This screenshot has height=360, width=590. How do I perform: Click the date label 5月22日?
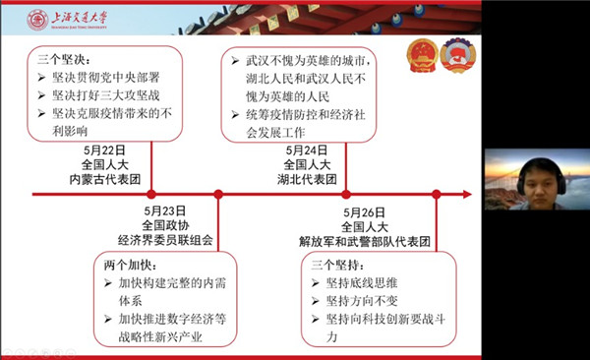pos(105,150)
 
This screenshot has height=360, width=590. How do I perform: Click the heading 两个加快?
pos(126,265)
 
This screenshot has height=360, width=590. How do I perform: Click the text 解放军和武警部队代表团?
pos(366,239)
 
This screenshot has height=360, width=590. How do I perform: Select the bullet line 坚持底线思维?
pos(365,284)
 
